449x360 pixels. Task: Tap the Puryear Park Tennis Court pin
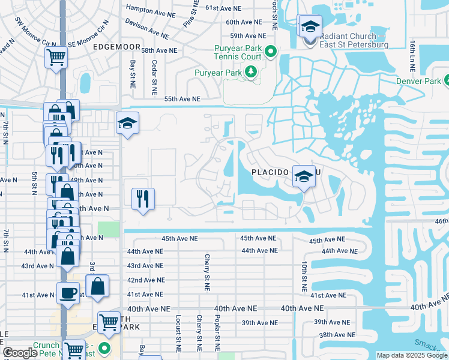pyautogui.click(x=270, y=52)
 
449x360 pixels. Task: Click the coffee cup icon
pyautogui.click(x=67, y=293)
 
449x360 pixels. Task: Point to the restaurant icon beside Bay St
pyautogui.click(x=143, y=199)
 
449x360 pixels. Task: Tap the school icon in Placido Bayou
pyautogui.click(x=304, y=176)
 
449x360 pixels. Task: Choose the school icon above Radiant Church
pyautogui.click(x=310, y=26)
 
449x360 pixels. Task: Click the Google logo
pyautogui.click(x=20, y=353)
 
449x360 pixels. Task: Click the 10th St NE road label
pyautogui.click(x=305, y=271)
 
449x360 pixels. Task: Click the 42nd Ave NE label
pyautogui.click(x=145, y=280)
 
